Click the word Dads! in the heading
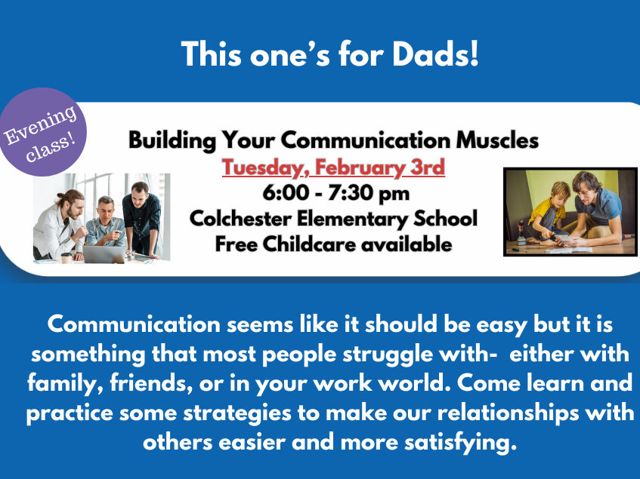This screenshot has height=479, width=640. point(435,54)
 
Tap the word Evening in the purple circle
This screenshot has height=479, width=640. point(40,124)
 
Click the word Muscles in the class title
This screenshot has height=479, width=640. point(497,140)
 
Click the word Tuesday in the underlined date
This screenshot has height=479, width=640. point(266,167)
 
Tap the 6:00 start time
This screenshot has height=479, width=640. point(286,192)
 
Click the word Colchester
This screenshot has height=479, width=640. point(240,218)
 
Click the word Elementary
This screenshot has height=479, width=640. point(352,220)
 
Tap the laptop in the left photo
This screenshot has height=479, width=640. point(105,254)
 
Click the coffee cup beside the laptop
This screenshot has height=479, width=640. point(66,258)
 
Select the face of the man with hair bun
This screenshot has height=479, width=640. point(74,207)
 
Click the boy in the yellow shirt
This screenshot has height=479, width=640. point(547,212)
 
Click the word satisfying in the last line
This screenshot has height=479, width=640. point(460,443)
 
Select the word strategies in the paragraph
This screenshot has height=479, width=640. point(237,414)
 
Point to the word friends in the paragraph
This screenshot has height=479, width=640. point(151,384)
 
